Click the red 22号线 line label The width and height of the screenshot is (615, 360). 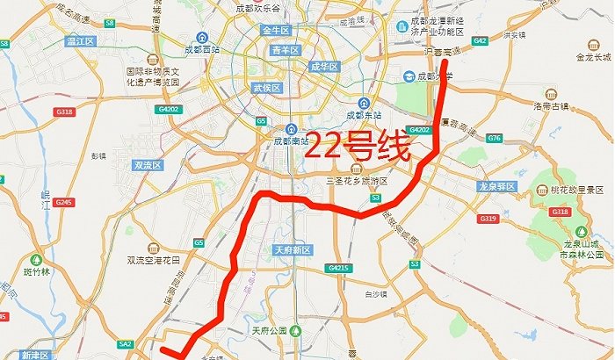coord(358,147)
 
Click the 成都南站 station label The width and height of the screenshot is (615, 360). coord(291,140)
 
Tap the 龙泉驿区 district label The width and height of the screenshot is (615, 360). coord(495,187)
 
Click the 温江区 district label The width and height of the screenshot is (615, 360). coord(79,40)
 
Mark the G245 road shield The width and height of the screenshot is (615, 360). coord(62,202)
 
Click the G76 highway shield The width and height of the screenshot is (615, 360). coord(494,139)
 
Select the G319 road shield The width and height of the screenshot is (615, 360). coord(490,218)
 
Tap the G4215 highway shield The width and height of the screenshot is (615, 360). coord(337,267)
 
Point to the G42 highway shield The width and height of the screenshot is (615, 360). coord(480,40)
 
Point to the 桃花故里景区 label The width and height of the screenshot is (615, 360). coord(577,189)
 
